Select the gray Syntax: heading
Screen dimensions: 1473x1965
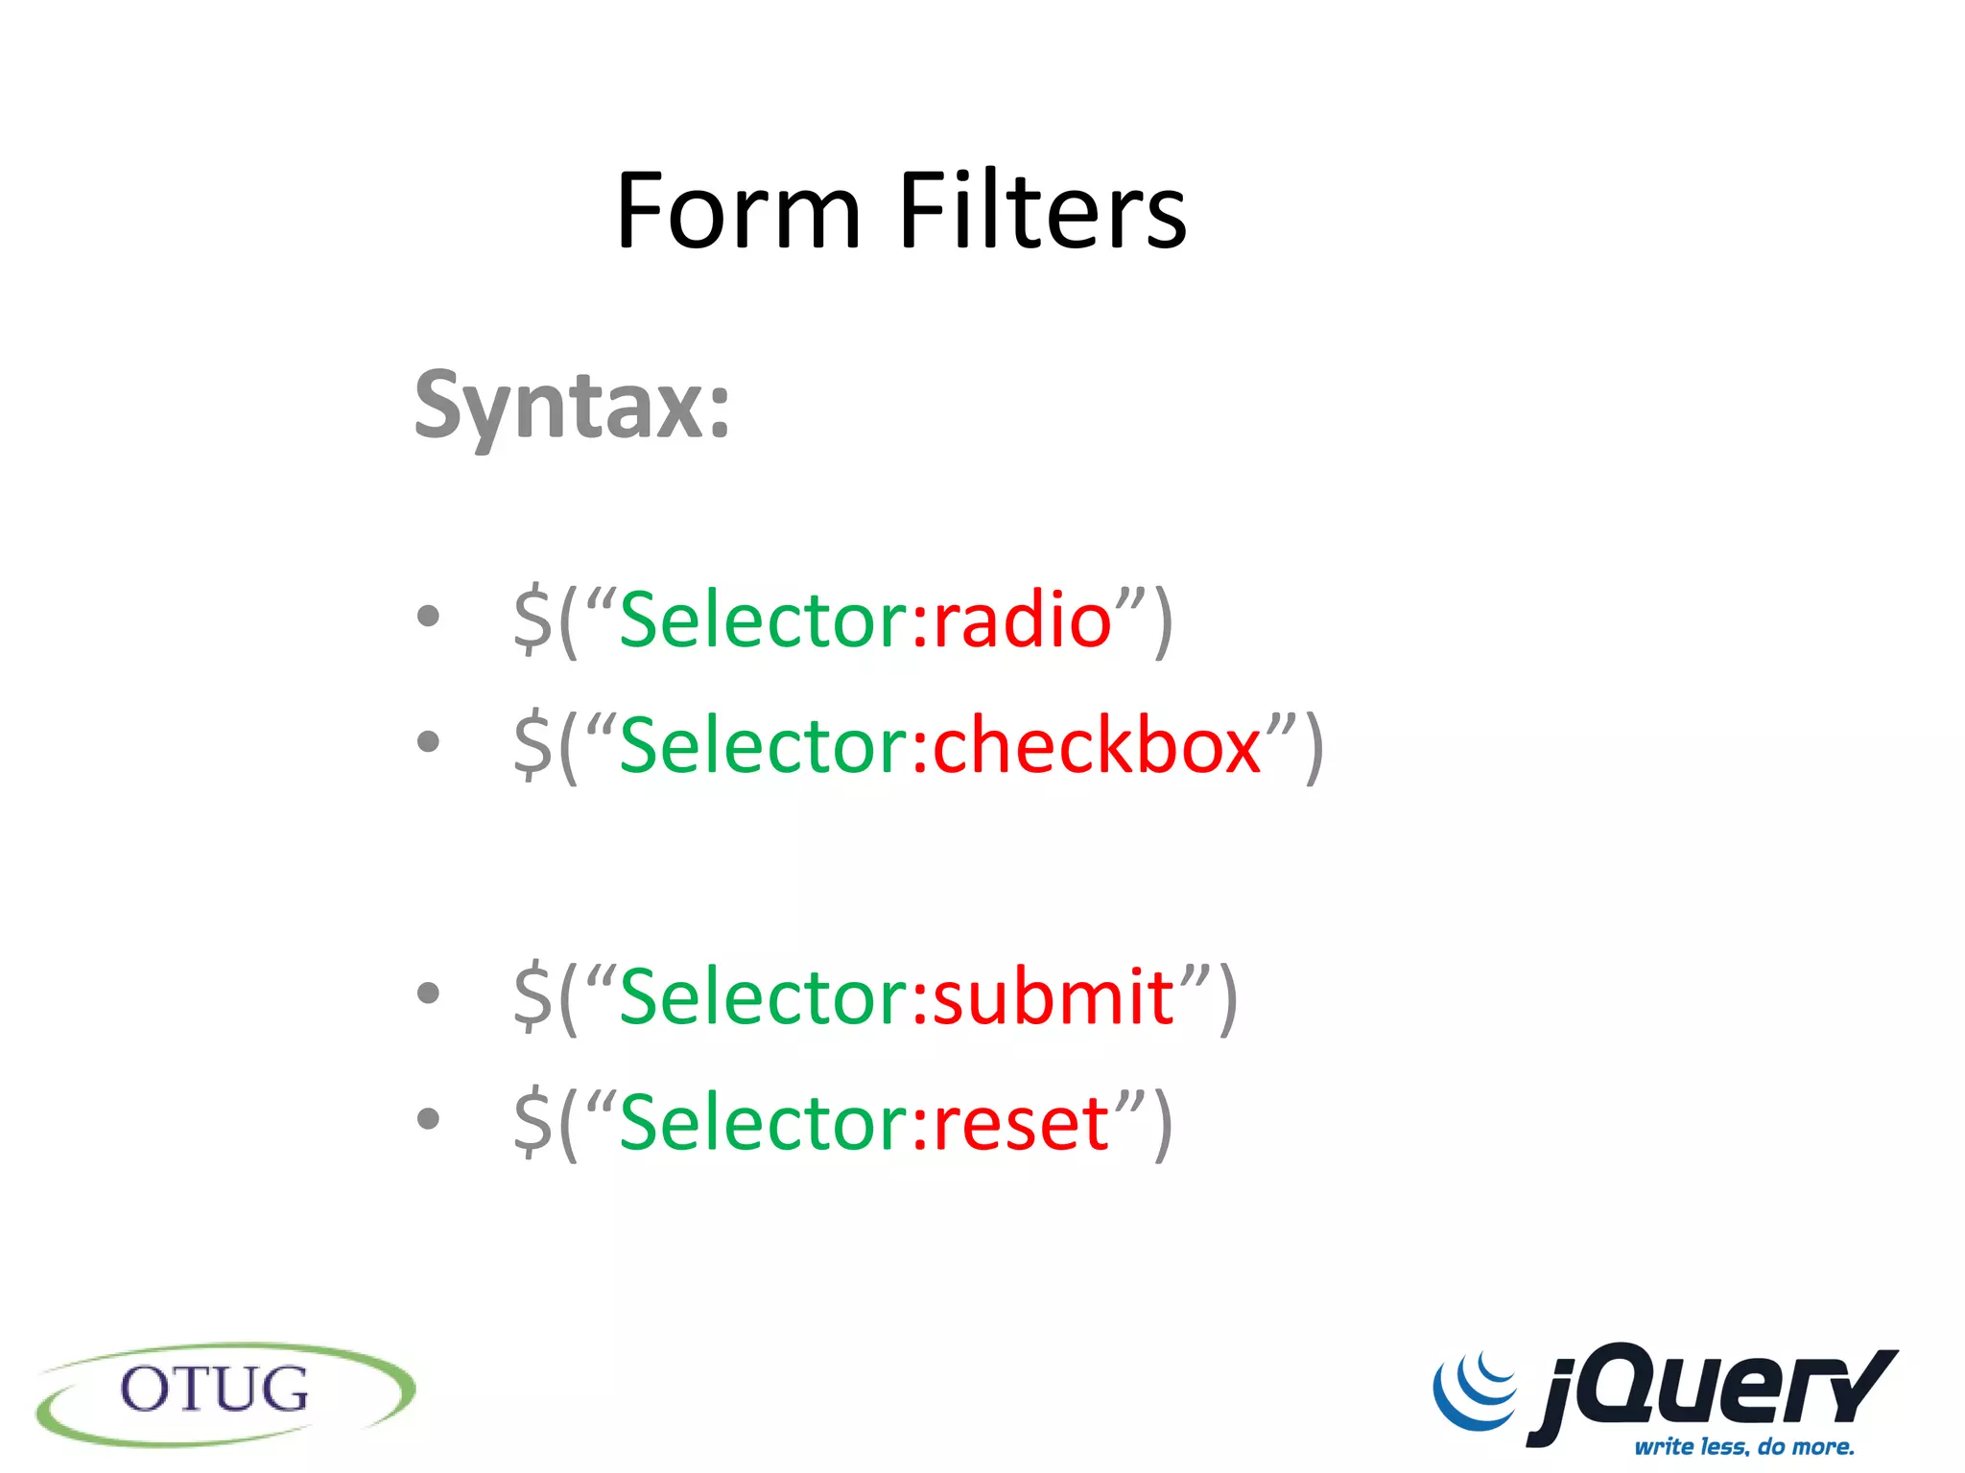click(572, 407)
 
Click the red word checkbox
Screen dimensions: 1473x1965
click(1097, 746)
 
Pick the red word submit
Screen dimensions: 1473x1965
click(1054, 997)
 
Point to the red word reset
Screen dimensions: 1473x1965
click(1021, 1123)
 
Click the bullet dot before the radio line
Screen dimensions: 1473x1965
click(429, 617)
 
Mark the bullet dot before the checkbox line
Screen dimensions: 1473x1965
click(429, 741)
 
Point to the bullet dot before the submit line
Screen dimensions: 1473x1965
click(429, 994)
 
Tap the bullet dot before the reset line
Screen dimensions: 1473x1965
click(429, 1118)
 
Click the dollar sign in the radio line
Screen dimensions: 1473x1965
click(533, 620)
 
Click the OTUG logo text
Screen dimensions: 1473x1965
click(214, 1391)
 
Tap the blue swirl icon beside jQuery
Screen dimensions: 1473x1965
click(1476, 1391)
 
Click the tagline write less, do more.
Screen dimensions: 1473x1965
click(1744, 1446)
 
